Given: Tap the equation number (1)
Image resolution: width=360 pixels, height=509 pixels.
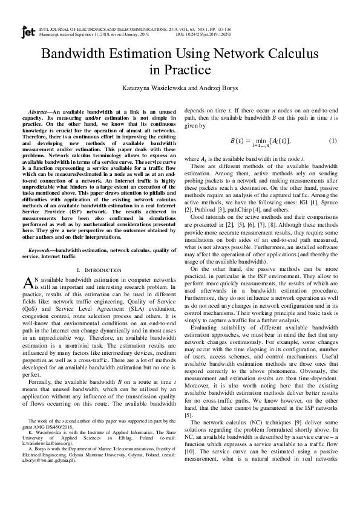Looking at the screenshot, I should click(332, 140).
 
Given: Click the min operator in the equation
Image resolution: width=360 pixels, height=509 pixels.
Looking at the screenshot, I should click(262, 140).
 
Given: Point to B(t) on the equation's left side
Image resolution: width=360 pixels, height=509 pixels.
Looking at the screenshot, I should click(240, 140).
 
